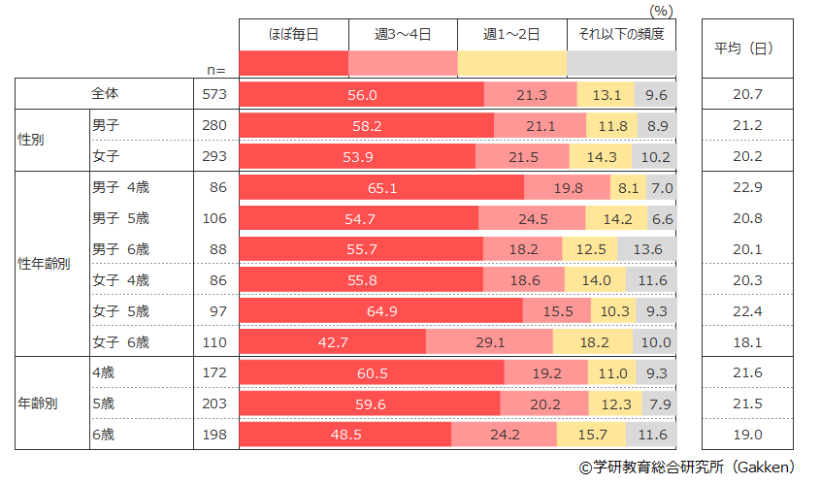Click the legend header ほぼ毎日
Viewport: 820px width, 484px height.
pyautogui.click(x=293, y=34)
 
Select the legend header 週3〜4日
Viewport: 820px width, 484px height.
pyautogui.click(x=403, y=34)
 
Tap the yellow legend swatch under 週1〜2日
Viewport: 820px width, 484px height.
pyautogui.click(x=512, y=63)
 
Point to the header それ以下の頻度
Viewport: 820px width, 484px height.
pyautogui.click(x=621, y=34)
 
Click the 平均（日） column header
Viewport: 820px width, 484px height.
pyautogui.click(x=743, y=48)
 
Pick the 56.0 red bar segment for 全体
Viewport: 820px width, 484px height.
pyautogui.click(x=361, y=94)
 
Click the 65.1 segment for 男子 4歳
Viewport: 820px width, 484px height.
pyautogui.click(x=381, y=187)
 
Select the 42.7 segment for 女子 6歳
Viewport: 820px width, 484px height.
pyautogui.click(x=332, y=342)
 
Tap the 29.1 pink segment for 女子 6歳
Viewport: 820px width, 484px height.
pyautogui.click(x=489, y=342)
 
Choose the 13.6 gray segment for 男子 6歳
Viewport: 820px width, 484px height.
pyautogui.click(x=645, y=249)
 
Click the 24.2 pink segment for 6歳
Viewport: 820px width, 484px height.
pyautogui.click(x=504, y=435)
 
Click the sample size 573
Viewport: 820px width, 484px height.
pyautogui.click(x=214, y=94)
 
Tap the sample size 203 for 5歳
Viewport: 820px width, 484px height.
pyautogui.click(x=214, y=403)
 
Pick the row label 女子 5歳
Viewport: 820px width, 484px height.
pyautogui.click(x=120, y=311)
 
